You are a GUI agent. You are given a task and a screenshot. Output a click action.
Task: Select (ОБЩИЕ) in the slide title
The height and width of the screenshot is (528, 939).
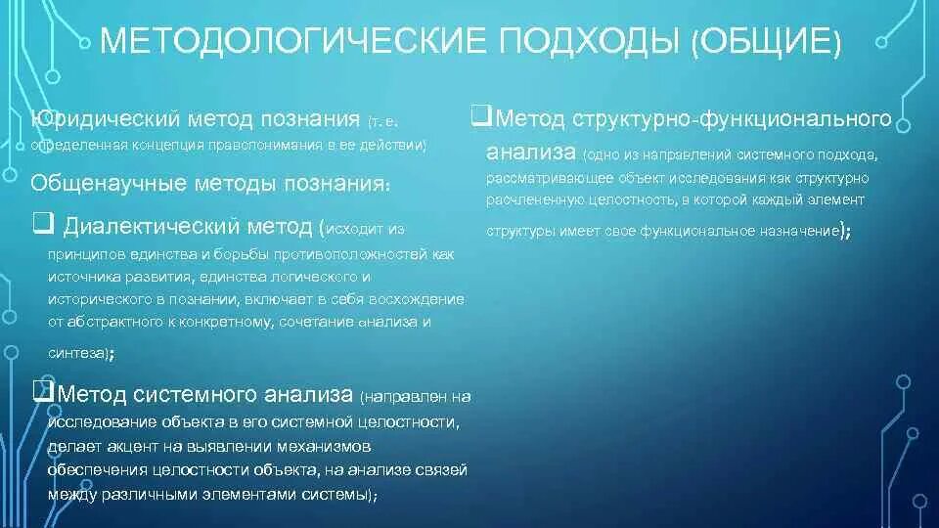click(766, 42)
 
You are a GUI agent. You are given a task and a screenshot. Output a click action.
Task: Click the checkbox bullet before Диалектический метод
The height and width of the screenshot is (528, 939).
click(42, 226)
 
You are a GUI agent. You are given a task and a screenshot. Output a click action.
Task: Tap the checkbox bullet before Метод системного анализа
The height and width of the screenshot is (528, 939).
click(42, 393)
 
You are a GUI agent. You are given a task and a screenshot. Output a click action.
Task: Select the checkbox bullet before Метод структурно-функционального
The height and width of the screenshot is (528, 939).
click(480, 117)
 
